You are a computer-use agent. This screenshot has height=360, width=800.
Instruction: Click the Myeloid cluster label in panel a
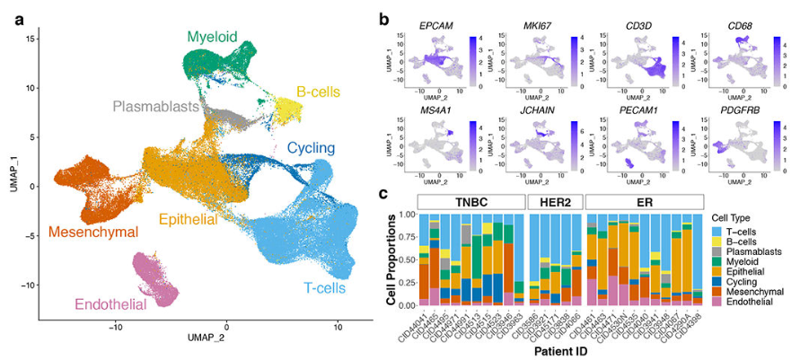pos(213,37)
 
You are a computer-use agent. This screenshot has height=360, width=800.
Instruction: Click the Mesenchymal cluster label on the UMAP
pos(93,233)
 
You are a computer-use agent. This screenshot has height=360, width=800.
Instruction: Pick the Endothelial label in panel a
pos(110,305)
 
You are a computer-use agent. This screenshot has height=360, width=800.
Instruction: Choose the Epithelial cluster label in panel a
pos(194,219)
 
